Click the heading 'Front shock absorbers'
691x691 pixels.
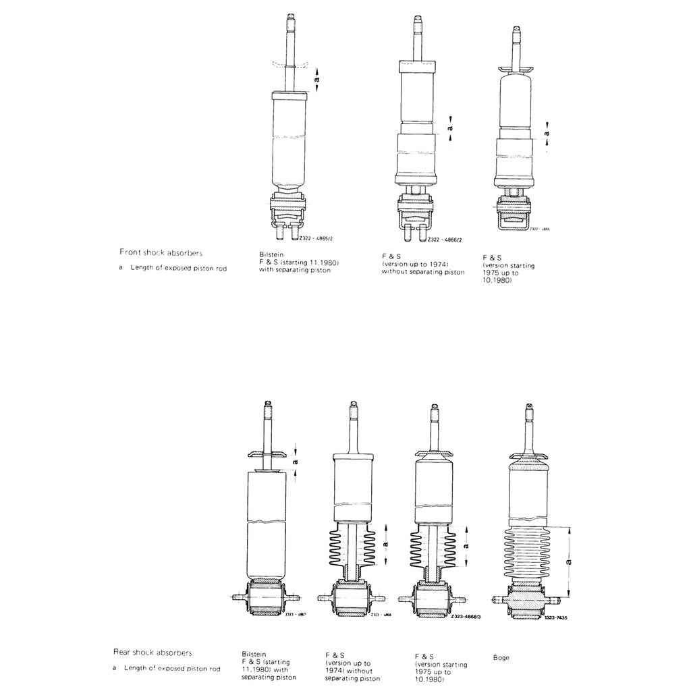pyautogui.click(x=161, y=252)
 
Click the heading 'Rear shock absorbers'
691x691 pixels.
pyautogui.click(x=153, y=653)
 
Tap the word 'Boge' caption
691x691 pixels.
pyautogui.click(x=501, y=657)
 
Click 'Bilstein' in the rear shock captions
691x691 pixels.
pyautogui.click(x=254, y=654)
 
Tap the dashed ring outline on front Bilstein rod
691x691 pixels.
pyautogui.click(x=290, y=65)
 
